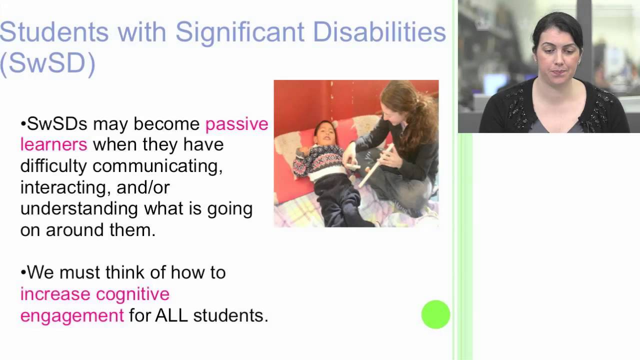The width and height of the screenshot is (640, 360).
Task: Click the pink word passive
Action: pos(236,124)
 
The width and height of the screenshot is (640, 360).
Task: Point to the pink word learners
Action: pos(54,145)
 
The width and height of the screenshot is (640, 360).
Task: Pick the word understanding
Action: pos(79,208)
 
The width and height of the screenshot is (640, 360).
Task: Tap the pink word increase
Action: pos(55,294)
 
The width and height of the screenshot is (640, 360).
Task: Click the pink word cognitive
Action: pos(132,294)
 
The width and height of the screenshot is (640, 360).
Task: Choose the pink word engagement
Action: pos(72,315)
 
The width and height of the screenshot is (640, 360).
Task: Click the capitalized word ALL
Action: pos(171,315)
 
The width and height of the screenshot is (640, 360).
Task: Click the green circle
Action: pos(435,314)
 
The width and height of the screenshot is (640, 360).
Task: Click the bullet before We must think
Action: pos(23,273)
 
